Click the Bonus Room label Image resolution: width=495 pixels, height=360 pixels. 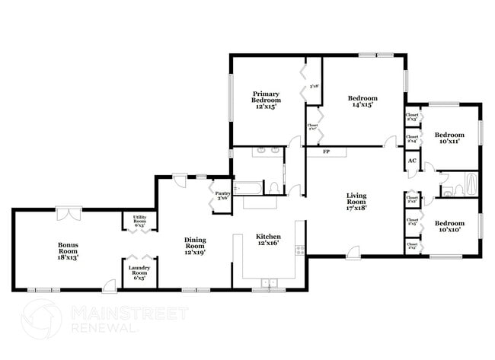(69, 251)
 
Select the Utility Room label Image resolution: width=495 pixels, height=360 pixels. (139, 221)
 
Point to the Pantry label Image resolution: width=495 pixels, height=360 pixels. (222, 196)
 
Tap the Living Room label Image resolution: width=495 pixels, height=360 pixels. (357, 201)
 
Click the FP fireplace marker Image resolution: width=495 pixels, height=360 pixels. (326, 152)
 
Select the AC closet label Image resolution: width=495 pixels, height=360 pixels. (411, 161)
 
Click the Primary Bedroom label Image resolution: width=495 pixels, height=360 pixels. (266, 100)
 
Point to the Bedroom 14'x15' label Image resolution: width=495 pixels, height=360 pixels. (362, 101)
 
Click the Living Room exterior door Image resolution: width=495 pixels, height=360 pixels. (350, 253)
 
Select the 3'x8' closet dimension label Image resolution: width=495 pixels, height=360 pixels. (313, 86)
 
